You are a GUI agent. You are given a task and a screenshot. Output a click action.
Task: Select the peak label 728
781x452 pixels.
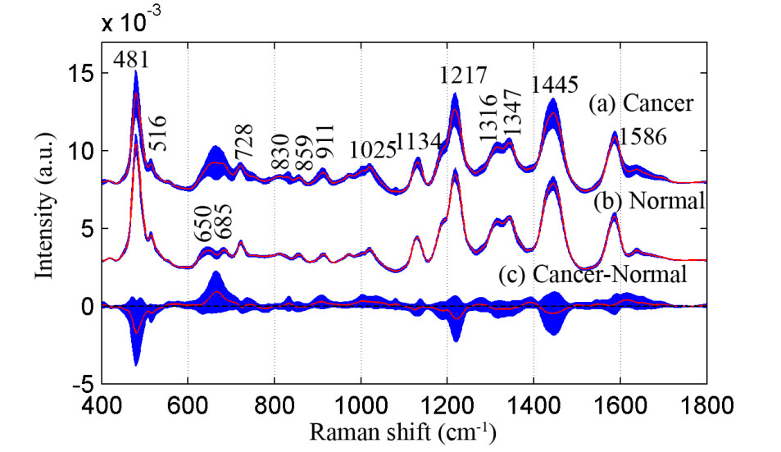pyautogui.click(x=245, y=143)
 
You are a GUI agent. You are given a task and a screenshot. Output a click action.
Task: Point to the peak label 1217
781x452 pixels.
pyautogui.click(x=456, y=76)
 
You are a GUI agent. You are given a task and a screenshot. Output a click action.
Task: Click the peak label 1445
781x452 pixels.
pyautogui.click(x=556, y=84)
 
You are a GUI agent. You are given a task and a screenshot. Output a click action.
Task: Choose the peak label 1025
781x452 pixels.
pyautogui.click(x=373, y=150)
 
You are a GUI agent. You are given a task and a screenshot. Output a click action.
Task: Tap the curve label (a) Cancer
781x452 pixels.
pyautogui.click(x=641, y=104)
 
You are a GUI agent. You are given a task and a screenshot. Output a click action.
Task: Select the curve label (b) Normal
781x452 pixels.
pyautogui.click(x=649, y=201)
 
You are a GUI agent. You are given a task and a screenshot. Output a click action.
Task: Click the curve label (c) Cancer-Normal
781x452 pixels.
pyautogui.click(x=592, y=275)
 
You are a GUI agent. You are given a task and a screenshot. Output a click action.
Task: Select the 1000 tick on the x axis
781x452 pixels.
pyautogui.click(x=361, y=404)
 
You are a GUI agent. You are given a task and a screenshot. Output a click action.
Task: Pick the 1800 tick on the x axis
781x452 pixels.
pyautogui.click(x=706, y=404)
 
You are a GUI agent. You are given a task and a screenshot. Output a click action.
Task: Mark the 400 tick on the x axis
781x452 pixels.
pyautogui.click(x=102, y=404)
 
